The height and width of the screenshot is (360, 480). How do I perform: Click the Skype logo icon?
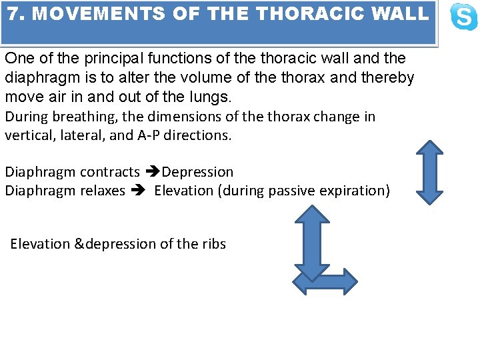point(463,17)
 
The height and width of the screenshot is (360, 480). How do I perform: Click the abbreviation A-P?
point(149,135)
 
